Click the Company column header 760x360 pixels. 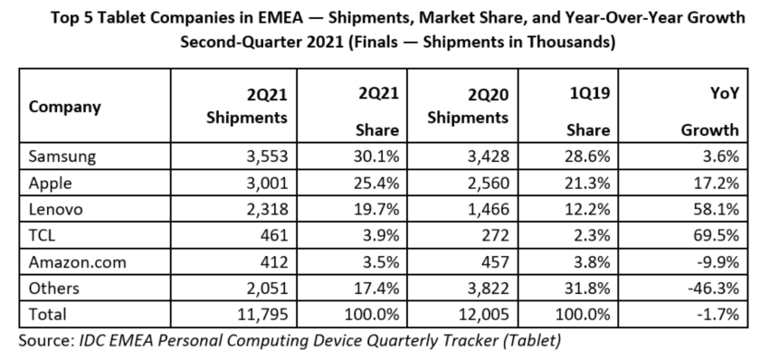click(64, 106)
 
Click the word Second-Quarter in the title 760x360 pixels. click(237, 42)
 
